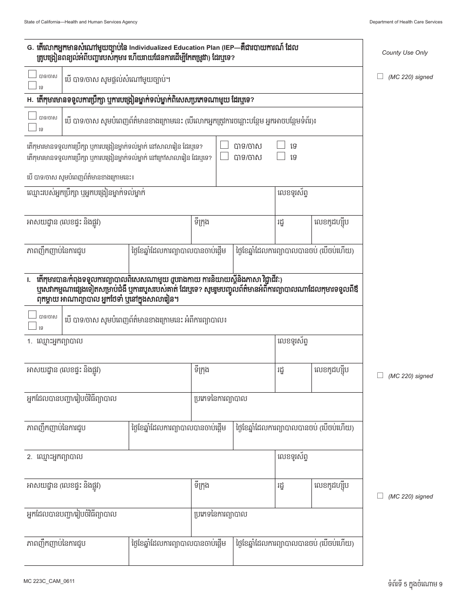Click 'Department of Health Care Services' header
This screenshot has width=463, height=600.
405,22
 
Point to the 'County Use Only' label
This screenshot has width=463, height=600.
405,53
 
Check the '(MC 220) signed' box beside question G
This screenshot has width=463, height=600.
380,76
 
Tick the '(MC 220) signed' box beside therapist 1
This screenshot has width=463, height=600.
380,375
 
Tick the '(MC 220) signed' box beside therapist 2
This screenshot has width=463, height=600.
380,496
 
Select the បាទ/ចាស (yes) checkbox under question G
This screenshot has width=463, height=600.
32,75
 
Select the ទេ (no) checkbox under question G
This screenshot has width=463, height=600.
32,85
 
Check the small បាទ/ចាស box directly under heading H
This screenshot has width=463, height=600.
32,116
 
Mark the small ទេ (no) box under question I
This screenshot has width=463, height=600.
32,325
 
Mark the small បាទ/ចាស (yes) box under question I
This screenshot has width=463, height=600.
32,315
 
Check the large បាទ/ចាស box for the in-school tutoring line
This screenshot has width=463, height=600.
224,145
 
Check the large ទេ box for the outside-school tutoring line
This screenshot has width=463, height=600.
281,156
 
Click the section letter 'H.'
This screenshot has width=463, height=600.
30,100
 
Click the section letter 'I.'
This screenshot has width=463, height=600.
29,280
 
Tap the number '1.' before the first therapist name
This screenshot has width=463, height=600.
30,342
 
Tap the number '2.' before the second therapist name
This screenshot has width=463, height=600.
30,458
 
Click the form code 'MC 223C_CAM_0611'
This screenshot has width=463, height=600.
49,581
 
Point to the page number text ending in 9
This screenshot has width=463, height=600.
413,583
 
